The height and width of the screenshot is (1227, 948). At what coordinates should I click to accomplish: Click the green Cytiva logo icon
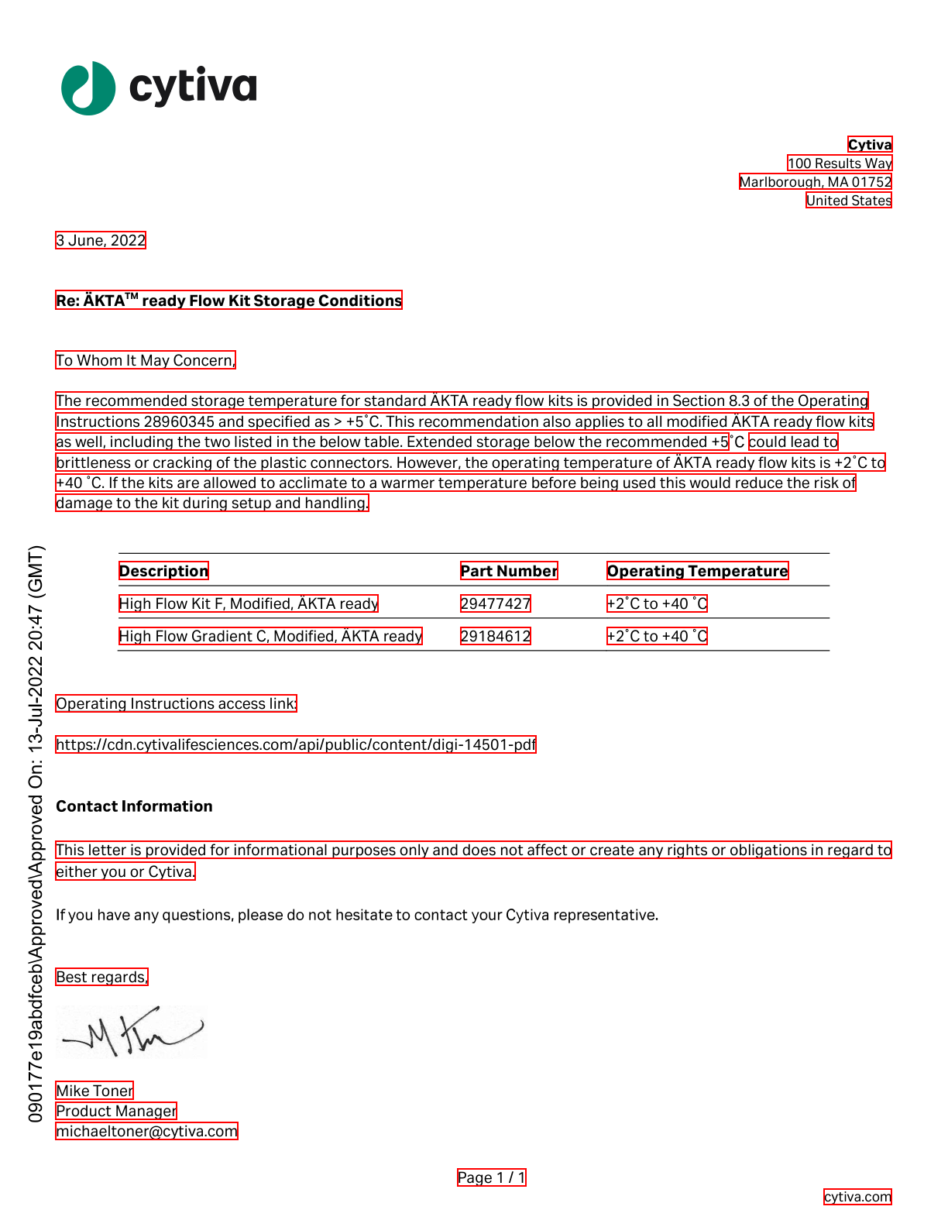pyautogui.click(x=88, y=88)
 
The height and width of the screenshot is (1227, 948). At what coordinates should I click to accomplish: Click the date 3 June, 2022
pyautogui.click(x=101, y=240)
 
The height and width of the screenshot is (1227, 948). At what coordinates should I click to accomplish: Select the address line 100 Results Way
pyautogui.click(x=840, y=163)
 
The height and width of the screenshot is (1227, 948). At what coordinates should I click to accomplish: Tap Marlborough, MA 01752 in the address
pyautogui.click(x=816, y=182)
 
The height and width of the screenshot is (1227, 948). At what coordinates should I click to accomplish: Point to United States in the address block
pyautogui.click(x=849, y=201)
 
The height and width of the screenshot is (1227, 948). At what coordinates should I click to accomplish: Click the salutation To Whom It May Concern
pyautogui.click(x=146, y=360)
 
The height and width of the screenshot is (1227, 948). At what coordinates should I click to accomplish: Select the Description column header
pyautogui.click(x=163, y=571)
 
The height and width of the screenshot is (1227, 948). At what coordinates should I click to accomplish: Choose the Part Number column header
pyautogui.click(x=509, y=571)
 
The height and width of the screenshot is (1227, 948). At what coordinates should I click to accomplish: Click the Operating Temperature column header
pyautogui.click(x=697, y=571)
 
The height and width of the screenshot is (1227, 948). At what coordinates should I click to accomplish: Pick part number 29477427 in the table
pyautogui.click(x=496, y=603)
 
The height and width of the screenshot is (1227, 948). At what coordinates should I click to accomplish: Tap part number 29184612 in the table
pyautogui.click(x=496, y=636)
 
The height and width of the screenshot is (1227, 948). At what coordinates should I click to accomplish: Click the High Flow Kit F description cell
pyautogui.click(x=249, y=603)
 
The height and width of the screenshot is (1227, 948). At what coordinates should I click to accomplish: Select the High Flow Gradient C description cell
pyautogui.click(x=270, y=636)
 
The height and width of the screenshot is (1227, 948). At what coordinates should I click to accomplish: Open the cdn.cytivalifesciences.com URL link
pyautogui.click(x=296, y=744)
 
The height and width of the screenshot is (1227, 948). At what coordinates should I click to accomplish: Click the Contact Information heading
pyautogui.click(x=134, y=806)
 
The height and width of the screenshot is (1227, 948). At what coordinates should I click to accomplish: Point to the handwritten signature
pyautogui.click(x=132, y=1033)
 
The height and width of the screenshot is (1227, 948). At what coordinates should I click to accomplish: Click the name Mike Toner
pyautogui.click(x=94, y=1091)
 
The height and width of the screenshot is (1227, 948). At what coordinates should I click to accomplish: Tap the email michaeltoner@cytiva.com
pyautogui.click(x=146, y=1131)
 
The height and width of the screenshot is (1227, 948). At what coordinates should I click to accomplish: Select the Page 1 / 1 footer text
pyautogui.click(x=492, y=1177)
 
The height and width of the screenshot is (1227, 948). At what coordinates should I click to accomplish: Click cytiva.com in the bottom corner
pyautogui.click(x=857, y=1197)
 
